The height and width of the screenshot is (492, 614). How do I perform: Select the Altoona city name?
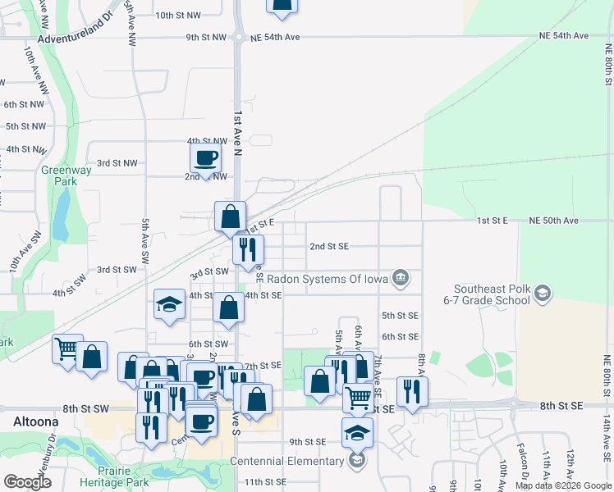point(35,421)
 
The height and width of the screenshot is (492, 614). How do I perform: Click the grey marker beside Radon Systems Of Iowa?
point(400,277)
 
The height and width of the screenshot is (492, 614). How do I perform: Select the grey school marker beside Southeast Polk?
point(542,294)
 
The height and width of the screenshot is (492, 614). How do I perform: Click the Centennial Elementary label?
point(286,461)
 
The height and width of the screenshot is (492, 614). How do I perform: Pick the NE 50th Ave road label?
point(554,221)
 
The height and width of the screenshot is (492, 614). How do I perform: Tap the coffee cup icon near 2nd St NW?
point(205,157)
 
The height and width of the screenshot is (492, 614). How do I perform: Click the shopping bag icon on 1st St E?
point(231,216)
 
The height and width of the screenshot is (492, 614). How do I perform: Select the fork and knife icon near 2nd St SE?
point(248,248)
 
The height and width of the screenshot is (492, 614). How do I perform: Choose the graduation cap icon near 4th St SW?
point(169,304)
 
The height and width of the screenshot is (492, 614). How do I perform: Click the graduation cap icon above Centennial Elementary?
point(357,432)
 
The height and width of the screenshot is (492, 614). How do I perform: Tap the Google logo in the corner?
point(27,483)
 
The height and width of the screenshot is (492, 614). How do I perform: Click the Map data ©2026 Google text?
point(563,485)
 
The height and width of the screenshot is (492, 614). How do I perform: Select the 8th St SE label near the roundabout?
point(561,405)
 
